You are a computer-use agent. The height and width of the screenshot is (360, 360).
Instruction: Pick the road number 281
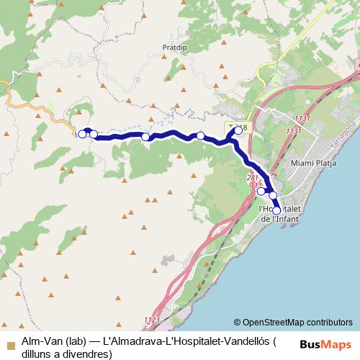tap(252, 177)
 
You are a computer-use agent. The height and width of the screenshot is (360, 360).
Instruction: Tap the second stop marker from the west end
tap(94, 134)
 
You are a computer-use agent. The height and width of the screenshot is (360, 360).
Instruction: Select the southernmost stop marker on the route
tap(276, 210)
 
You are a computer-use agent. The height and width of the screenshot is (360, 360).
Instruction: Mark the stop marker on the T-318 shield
tap(238, 131)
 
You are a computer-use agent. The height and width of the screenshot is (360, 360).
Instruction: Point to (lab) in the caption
tap(76, 340)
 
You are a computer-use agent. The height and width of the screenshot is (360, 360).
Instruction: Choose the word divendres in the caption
tap(91, 353)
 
